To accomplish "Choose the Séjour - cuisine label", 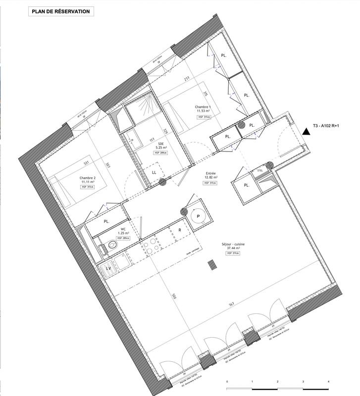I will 234,244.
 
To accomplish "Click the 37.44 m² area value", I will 234,248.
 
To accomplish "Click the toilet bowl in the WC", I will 111,245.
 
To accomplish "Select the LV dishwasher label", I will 109,268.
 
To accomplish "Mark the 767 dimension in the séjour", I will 231,304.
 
